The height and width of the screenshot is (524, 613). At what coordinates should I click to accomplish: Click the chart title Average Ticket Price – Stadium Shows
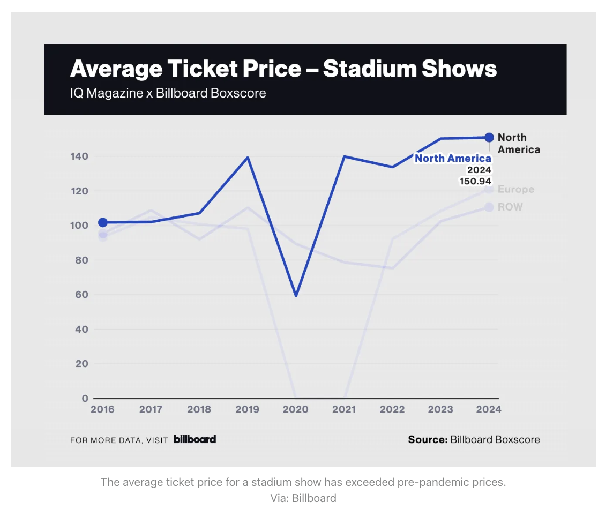point(283,69)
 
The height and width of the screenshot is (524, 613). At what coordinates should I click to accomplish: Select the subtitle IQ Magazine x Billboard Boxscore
point(168,93)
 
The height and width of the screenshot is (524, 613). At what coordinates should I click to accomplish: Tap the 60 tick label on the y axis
point(81,295)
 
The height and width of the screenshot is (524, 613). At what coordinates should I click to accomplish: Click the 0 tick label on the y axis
point(85,398)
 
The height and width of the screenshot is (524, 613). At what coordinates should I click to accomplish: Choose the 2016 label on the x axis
point(102,409)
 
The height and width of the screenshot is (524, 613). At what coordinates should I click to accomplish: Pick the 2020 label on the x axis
point(295,409)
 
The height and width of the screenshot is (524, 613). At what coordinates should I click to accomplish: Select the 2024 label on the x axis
point(489,409)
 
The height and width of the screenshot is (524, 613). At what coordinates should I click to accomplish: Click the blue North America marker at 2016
point(102,222)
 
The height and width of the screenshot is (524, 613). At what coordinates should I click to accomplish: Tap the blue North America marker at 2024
point(489,138)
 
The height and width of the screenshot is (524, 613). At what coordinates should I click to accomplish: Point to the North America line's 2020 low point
point(296,295)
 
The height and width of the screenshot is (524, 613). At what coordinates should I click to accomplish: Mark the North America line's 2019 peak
point(248,158)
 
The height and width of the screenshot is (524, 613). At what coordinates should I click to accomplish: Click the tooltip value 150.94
point(475,181)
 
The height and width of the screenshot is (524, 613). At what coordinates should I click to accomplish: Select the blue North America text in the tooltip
point(453,158)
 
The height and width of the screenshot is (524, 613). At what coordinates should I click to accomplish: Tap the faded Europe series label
point(515,189)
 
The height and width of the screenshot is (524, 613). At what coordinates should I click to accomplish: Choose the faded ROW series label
point(510,207)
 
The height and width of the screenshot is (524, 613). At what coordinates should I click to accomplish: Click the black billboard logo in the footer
point(195,439)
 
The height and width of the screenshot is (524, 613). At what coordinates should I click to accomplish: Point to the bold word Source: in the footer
point(428,439)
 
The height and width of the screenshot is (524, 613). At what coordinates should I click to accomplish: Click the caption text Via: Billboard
point(303,498)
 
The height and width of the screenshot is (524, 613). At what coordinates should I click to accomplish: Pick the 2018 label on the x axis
point(199,409)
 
